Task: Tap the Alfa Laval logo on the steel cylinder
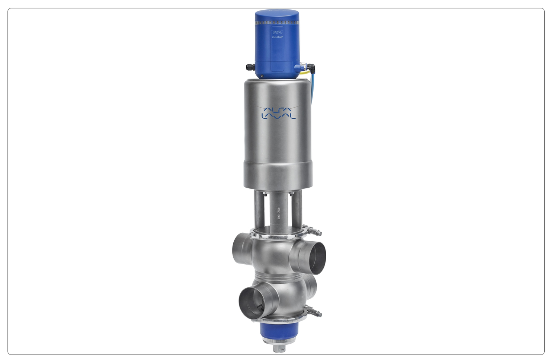279,113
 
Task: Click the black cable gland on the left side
251,67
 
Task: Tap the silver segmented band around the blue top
277,22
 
